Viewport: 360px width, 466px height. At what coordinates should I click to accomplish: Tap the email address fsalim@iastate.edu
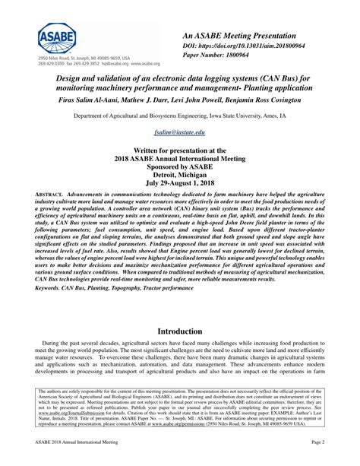[180, 133]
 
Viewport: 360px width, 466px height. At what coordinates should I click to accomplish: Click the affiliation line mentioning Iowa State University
[180, 116]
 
